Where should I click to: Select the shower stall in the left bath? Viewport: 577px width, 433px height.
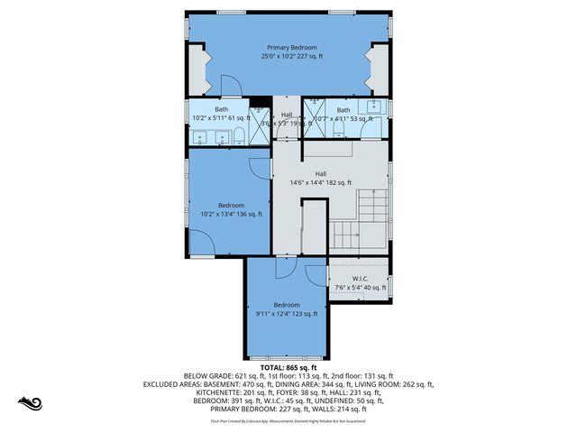(x=260, y=125)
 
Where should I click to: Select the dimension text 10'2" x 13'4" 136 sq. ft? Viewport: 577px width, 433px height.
(x=229, y=215)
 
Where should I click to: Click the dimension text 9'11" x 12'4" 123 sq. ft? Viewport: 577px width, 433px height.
(x=287, y=314)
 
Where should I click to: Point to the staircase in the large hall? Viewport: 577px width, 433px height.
(x=359, y=221)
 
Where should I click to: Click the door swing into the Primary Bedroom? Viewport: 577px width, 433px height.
(x=231, y=86)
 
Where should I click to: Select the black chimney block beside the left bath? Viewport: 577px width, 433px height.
(x=259, y=101)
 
